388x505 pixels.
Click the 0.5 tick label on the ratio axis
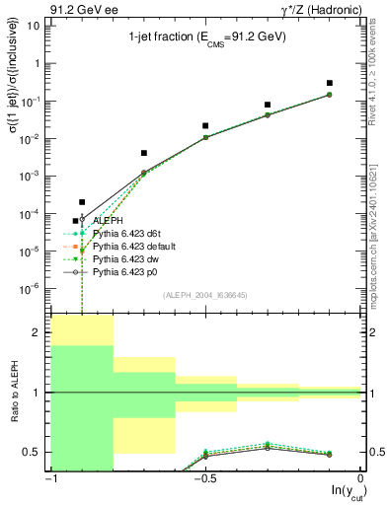point(33,453)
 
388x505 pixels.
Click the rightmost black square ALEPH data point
point(329,83)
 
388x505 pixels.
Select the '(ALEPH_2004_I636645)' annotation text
point(205,295)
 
